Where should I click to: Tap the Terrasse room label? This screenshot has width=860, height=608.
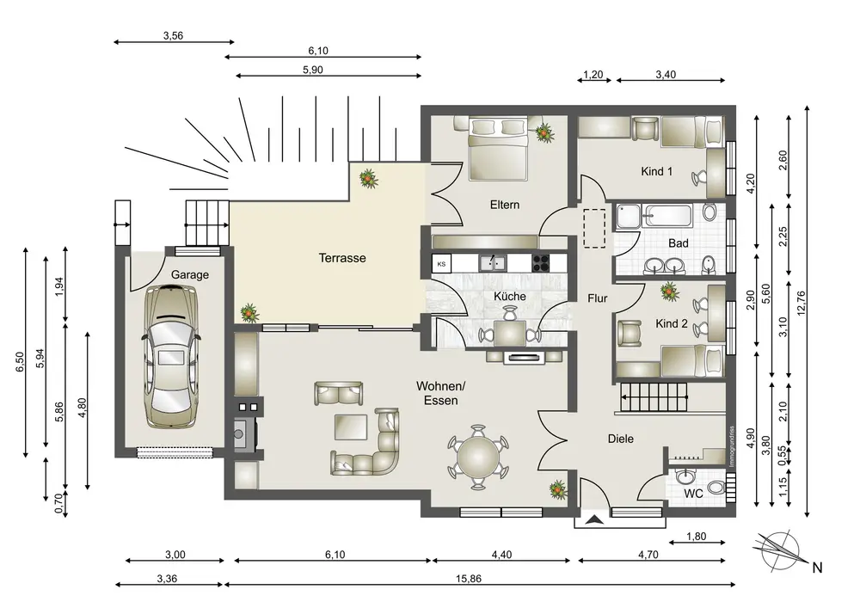(342, 258)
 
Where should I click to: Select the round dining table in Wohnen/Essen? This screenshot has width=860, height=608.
(478, 456)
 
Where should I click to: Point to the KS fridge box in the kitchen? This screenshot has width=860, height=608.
(441, 264)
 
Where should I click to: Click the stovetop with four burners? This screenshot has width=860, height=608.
(541, 264)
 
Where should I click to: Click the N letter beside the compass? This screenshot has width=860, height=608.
(817, 568)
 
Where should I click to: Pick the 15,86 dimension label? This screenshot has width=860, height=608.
(469, 579)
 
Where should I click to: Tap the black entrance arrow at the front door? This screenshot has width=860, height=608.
(593, 519)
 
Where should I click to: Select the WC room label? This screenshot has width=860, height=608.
(693, 494)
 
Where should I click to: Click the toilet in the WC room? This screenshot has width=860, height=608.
(716, 487)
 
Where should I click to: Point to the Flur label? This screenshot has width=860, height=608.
(598, 298)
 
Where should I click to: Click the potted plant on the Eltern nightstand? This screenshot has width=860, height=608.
(544, 132)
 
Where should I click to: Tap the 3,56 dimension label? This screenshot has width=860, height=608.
(174, 35)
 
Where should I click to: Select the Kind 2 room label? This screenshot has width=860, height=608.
(672, 324)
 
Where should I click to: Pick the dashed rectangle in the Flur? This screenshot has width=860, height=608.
(594, 228)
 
